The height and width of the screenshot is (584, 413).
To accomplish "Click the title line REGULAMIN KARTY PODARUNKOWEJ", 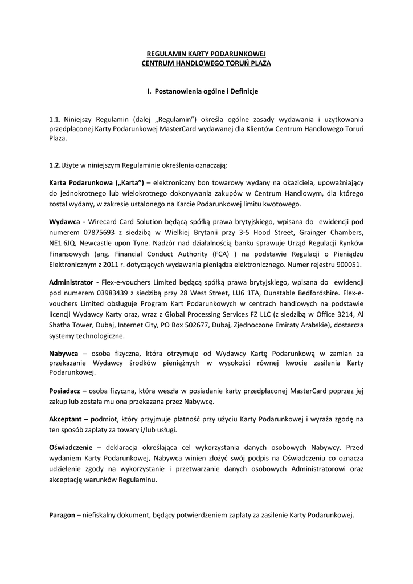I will tap(206, 53).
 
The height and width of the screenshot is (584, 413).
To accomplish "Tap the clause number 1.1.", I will tap(55, 119).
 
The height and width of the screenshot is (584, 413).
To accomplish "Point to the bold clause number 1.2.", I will tap(55, 165).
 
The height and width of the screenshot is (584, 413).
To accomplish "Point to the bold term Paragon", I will tap(62, 515).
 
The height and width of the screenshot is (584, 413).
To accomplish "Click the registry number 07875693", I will tap(95, 232).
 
